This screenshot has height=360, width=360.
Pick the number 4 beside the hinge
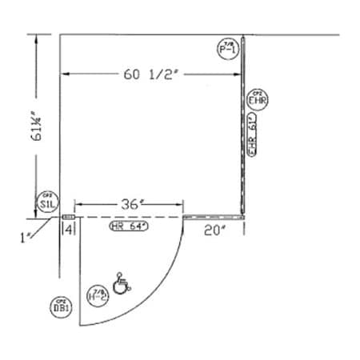click(70, 230)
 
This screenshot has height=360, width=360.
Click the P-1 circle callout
click(227, 49)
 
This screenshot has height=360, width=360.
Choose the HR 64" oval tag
click(132, 227)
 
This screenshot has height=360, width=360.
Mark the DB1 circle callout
click(58, 305)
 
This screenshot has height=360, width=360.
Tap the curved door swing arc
click(159, 295)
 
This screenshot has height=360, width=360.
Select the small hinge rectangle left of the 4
click(69, 217)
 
